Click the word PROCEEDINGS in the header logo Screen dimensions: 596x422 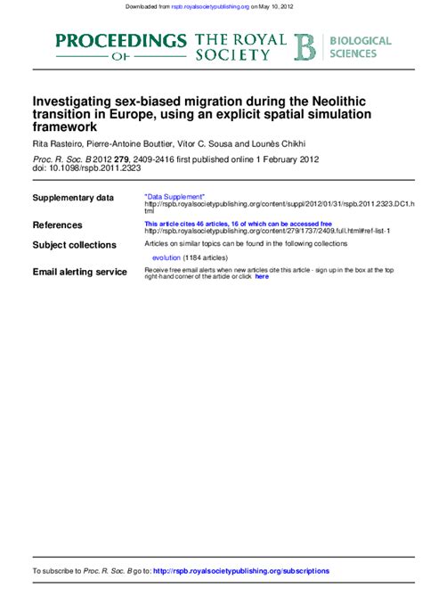click(120, 40)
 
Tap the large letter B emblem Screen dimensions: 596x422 click(305, 47)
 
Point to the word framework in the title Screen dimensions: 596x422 click(64, 128)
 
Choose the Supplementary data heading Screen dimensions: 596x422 click(73, 198)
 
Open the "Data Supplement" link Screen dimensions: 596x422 click(174, 195)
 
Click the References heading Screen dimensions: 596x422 click(57, 225)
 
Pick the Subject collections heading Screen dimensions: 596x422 click(74, 245)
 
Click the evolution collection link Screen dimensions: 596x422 click(166, 257)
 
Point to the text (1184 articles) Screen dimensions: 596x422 click(209, 257)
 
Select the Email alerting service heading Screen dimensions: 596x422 click(79, 272)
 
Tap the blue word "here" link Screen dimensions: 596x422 click(262, 277)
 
